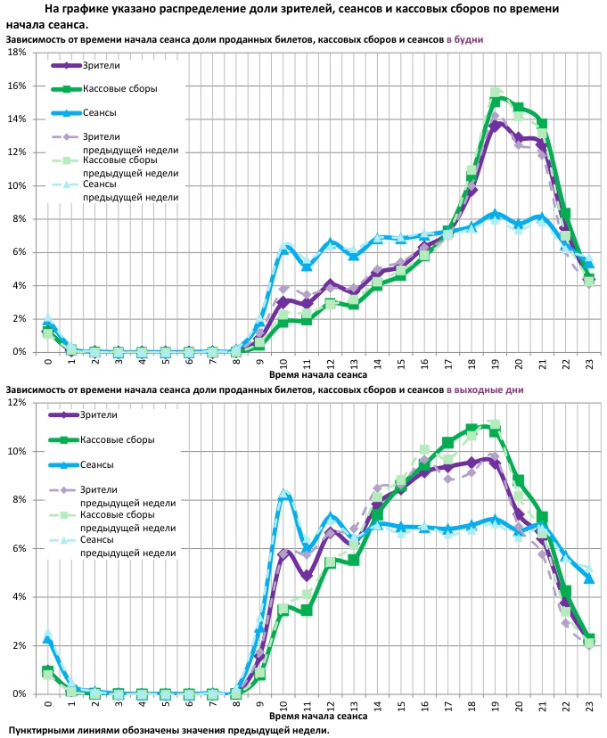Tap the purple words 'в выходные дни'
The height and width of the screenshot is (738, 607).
(x=485, y=389)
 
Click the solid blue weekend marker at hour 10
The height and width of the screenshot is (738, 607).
(x=283, y=496)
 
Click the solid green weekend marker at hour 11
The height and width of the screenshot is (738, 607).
(x=307, y=611)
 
